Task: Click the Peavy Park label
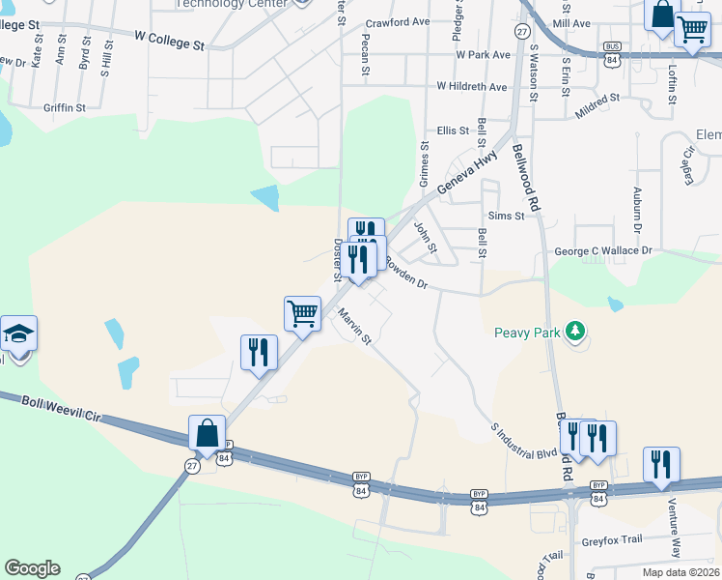pyautogui.click(x=526, y=333)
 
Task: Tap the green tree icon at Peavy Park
pyautogui.click(x=576, y=332)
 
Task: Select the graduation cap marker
pyautogui.click(x=19, y=333)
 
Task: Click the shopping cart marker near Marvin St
pyautogui.click(x=303, y=313)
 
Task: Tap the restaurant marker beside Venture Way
pyautogui.click(x=661, y=463)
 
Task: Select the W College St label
pyautogui.click(x=170, y=40)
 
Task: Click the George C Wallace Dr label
pyautogui.click(x=602, y=251)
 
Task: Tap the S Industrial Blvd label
pyautogui.click(x=524, y=438)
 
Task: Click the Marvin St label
pyautogui.click(x=354, y=326)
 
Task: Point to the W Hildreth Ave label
pyautogui.click(x=471, y=87)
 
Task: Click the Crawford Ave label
pyautogui.click(x=397, y=22)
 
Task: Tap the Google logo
pyautogui.click(x=32, y=568)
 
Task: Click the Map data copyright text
pyautogui.click(x=680, y=572)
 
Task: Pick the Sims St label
pyautogui.click(x=506, y=217)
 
